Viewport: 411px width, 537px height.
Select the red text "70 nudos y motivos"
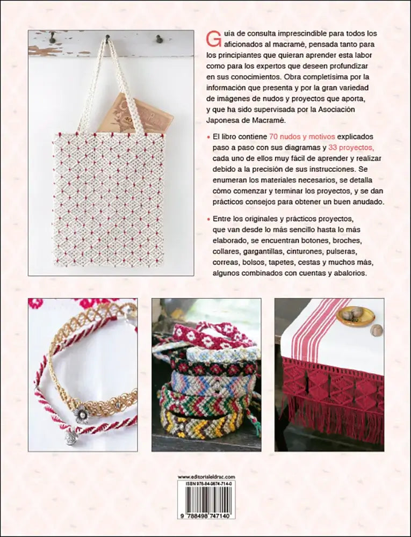pyautogui.click(x=302, y=136)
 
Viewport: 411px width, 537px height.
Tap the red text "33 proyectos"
pyautogui.click(x=350, y=148)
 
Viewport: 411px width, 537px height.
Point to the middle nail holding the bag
pyautogui.click(x=107, y=38)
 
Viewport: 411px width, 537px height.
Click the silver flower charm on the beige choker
pyautogui.click(x=82, y=413)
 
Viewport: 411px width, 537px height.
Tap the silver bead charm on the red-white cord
pyautogui.click(x=72, y=437)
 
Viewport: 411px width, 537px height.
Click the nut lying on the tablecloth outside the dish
pyautogui.click(x=377, y=330)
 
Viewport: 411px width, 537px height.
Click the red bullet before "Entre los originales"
pyautogui.click(x=208, y=218)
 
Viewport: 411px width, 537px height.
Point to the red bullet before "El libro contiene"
pyautogui.click(x=208, y=136)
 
